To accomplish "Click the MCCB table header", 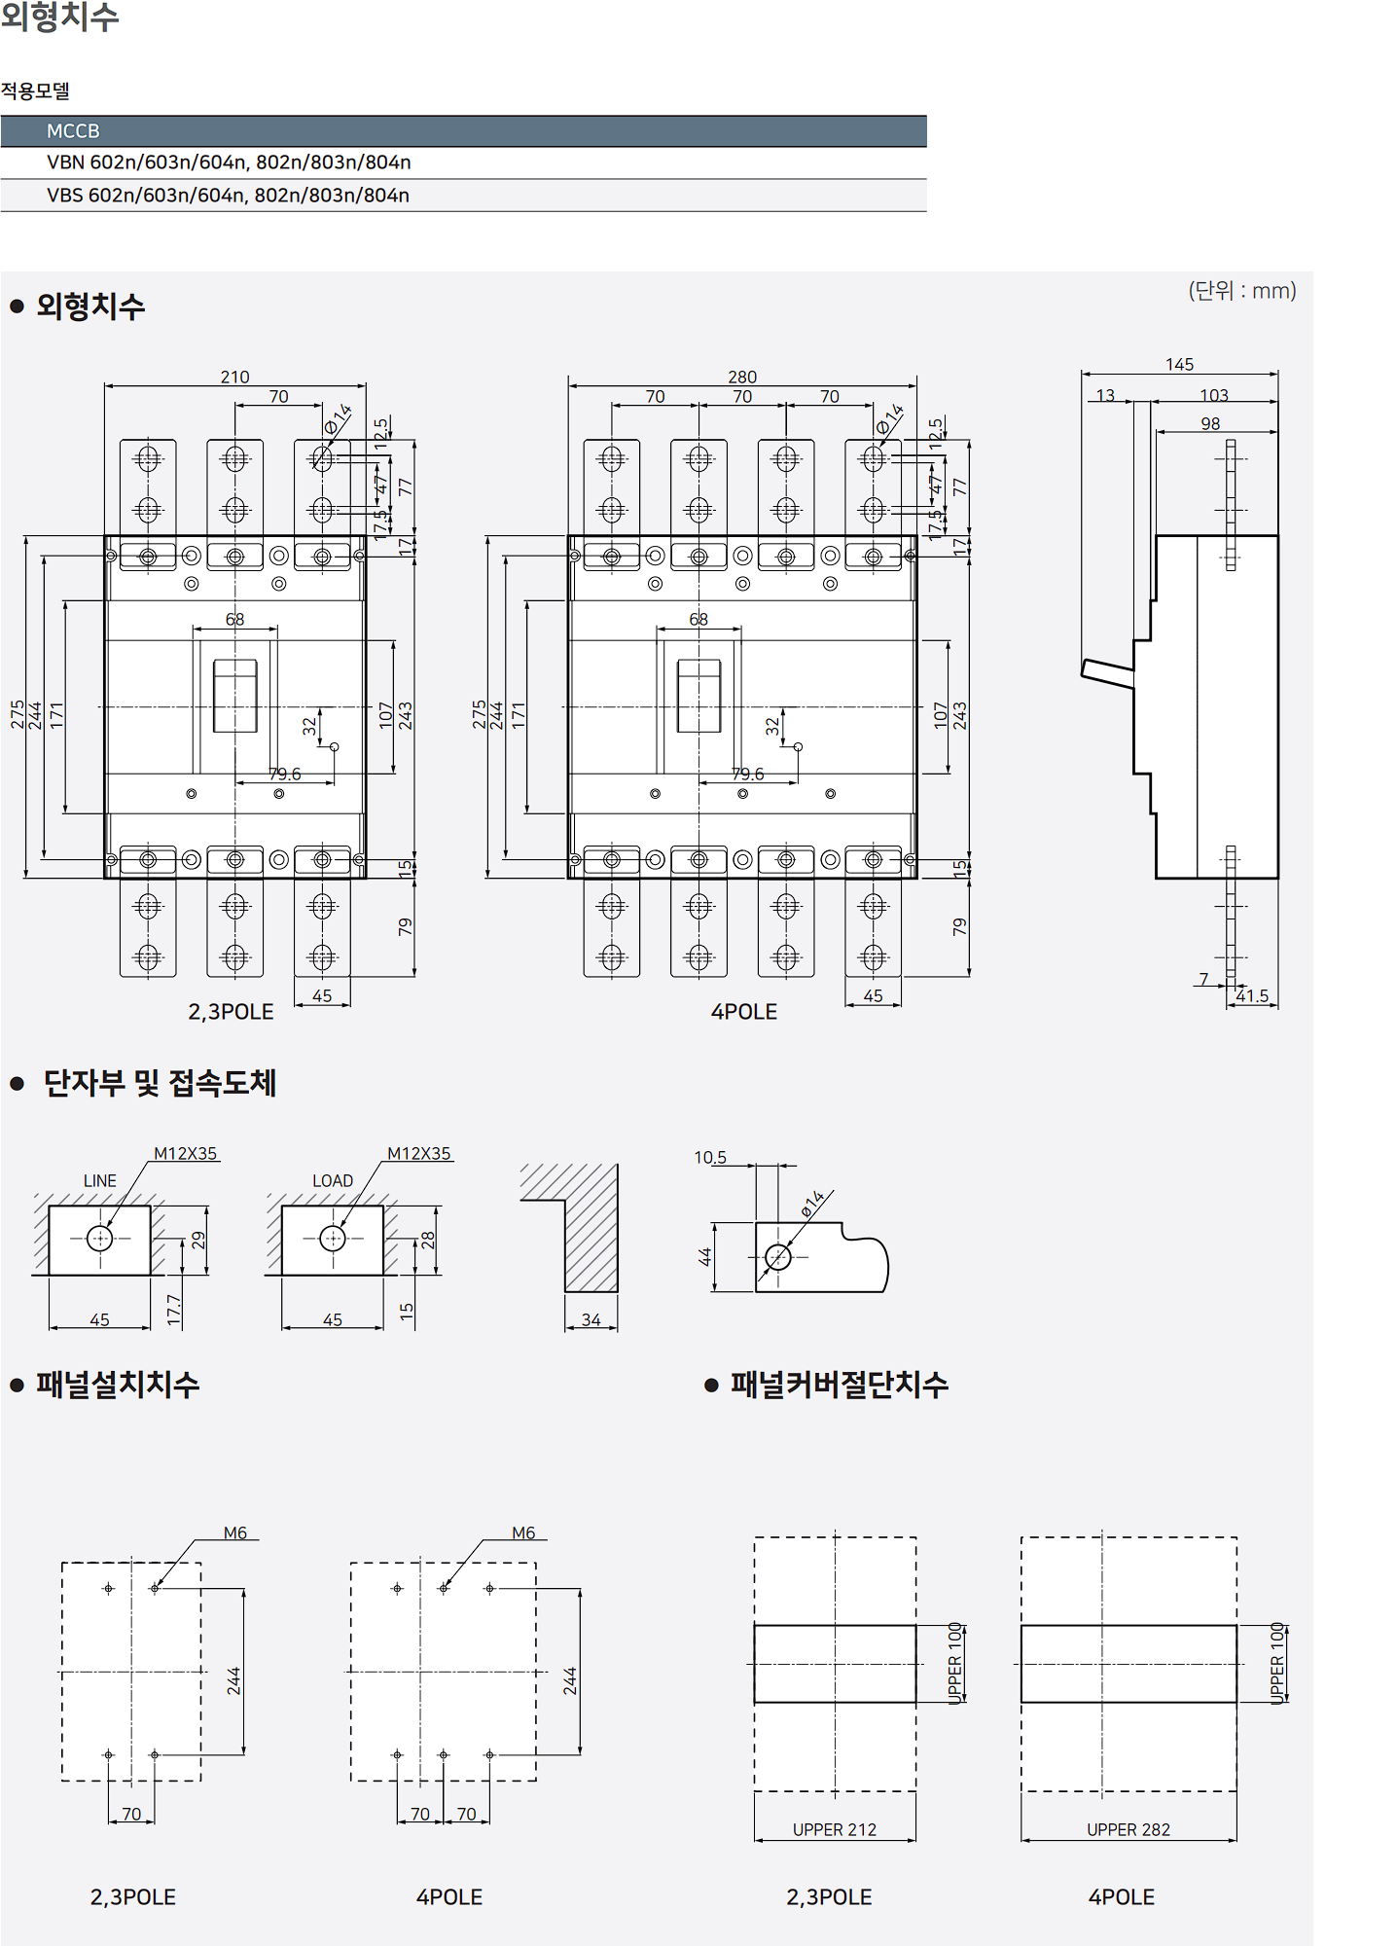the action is pyautogui.click(x=74, y=131).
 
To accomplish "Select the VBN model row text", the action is pyautogui.click(x=229, y=162).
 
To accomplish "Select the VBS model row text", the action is pyautogui.click(x=228, y=196).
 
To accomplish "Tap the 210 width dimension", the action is pyautogui.click(x=234, y=377).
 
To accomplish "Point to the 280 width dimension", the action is pyautogui.click(x=742, y=377).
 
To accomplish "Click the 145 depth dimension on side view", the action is pyautogui.click(x=1179, y=364).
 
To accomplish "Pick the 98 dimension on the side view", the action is pyautogui.click(x=1210, y=423).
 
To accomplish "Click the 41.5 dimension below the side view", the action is pyautogui.click(x=1253, y=995).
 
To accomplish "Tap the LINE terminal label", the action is pyautogui.click(x=99, y=1180).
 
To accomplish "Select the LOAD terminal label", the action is pyautogui.click(x=333, y=1180).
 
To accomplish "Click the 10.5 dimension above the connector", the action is pyautogui.click(x=709, y=1157).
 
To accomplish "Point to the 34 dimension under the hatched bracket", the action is pyautogui.click(x=591, y=1319).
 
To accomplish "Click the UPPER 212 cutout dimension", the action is pyautogui.click(x=835, y=1829).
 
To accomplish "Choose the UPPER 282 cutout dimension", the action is pyautogui.click(x=1128, y=1829).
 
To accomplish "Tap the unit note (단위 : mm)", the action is pyautogui.click(x=1242, y=290).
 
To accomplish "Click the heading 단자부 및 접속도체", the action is pyautogui.click(x=161, y=1083).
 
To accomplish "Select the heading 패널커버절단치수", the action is pyautogui.click(x=840, y=1385).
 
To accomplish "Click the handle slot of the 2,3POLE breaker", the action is pyautogui.click(x=235, y=695).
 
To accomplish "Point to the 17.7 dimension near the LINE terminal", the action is pyautogui.click(x=174, y=1309).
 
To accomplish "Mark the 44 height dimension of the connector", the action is pyautogui.click(x=705, y=1256).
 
